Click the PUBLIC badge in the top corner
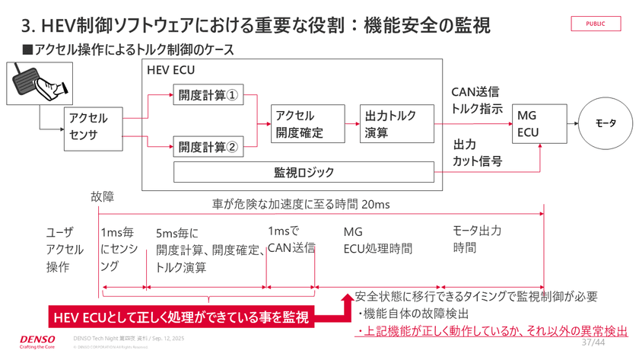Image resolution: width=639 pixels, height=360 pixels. (596, 24)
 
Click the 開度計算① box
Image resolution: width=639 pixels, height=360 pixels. (208, 97)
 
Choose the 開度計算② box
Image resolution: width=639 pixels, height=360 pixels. (208, 146)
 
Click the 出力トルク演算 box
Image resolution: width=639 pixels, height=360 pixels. (391, 124)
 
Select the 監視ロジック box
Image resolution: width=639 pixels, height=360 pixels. (304, 172)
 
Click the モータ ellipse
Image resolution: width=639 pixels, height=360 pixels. (606, 123)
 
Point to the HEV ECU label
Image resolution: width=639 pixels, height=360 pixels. (170, 69)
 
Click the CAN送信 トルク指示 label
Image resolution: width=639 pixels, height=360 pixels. (476, 100)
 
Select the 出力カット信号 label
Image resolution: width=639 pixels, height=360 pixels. (477, 152)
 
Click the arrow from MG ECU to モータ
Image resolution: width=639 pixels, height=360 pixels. (571, 123)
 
